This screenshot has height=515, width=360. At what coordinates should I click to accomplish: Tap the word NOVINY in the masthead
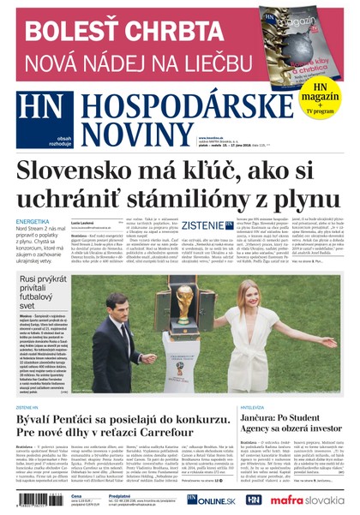tap(130, 132)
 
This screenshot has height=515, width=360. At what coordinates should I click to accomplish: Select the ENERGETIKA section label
tap(33, 220)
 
